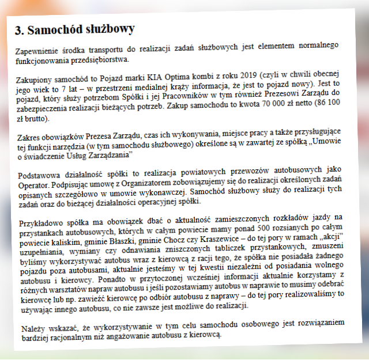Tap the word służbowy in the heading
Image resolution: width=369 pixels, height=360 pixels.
(x=109, y=29)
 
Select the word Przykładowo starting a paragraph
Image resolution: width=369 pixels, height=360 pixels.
(x=39, y=222)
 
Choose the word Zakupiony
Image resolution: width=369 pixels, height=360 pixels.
(x=37, y=77)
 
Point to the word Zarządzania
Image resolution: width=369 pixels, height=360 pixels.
(x=111, y=156)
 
